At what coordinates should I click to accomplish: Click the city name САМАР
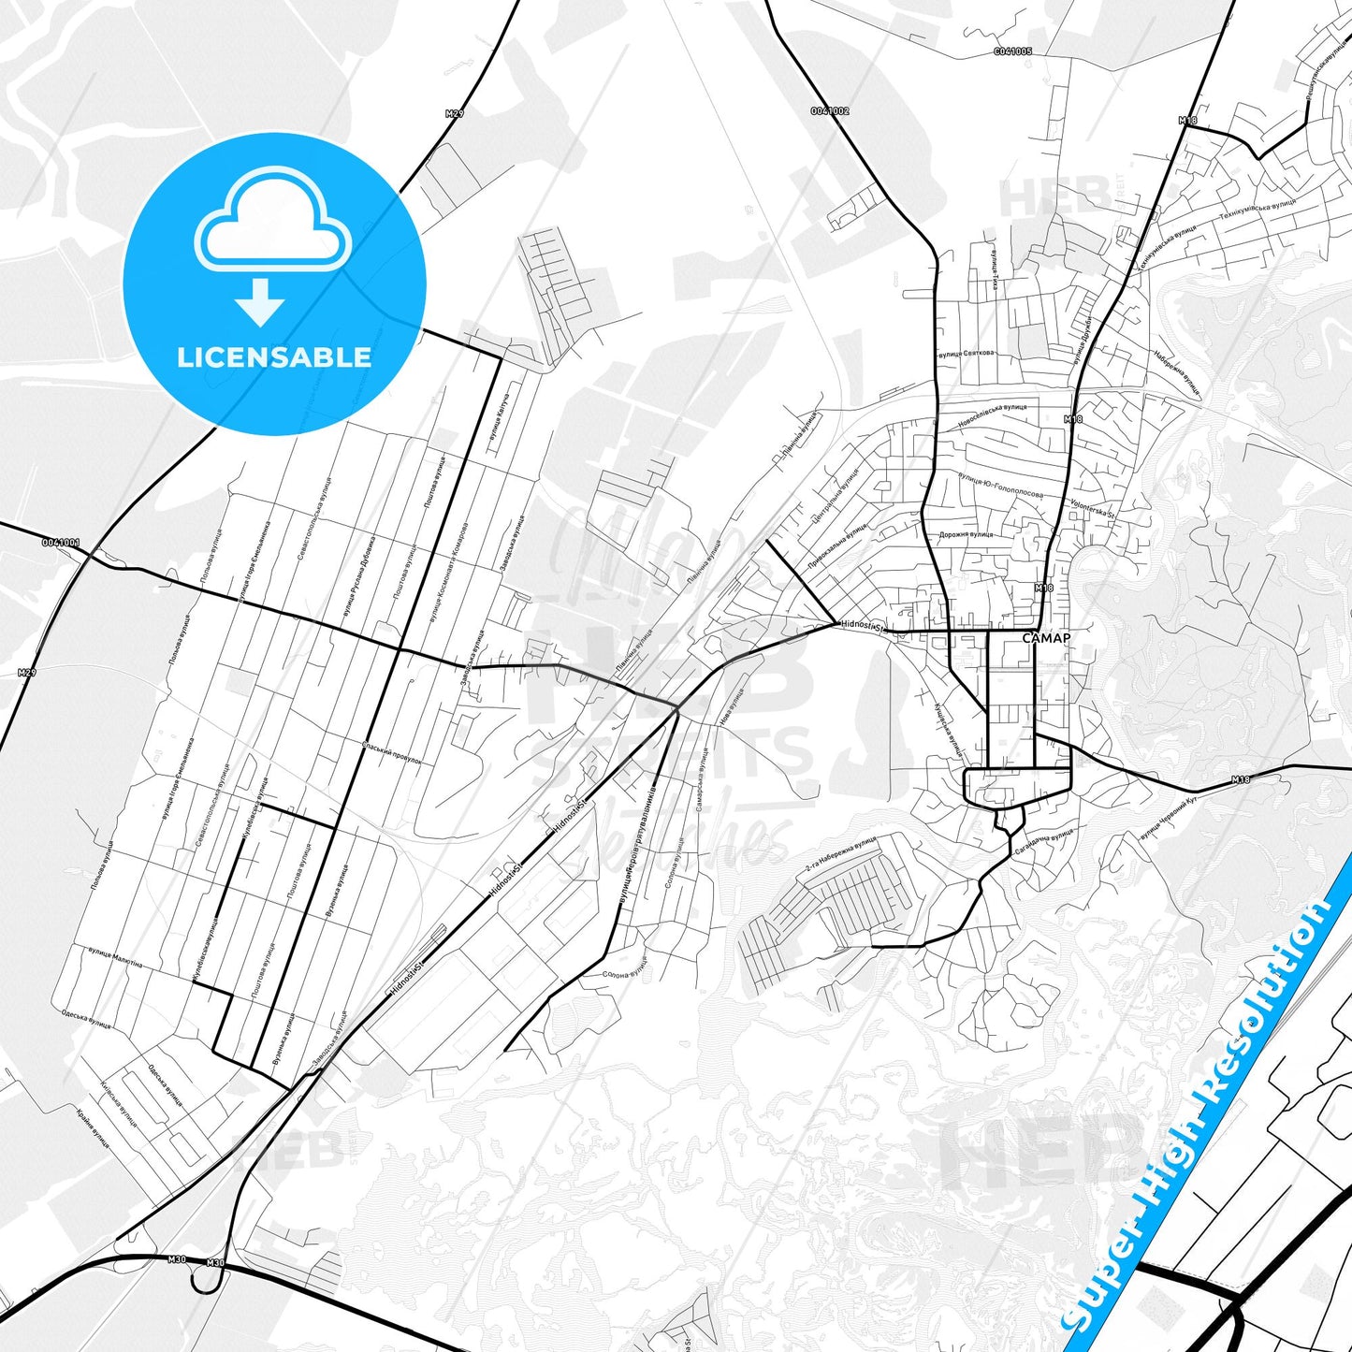pyautogui.click(x=1045, y=638)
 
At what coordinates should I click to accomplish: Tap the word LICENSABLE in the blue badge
pyautogui.click(x=274, y=356)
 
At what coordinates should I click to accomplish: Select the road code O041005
pyautogui.click(x=1013, y=51)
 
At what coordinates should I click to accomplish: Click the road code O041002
pyautogui.click(x=830, y=111)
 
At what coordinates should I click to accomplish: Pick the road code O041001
pyautogui.click(x=61, y=542)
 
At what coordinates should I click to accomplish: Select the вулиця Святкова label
pyautogui.click(x=966, y=354)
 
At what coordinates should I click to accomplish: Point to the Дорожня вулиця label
pyautogui.click(x=965, y=534)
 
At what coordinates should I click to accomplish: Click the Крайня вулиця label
pyautogui.click(x=94, y=1129)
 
